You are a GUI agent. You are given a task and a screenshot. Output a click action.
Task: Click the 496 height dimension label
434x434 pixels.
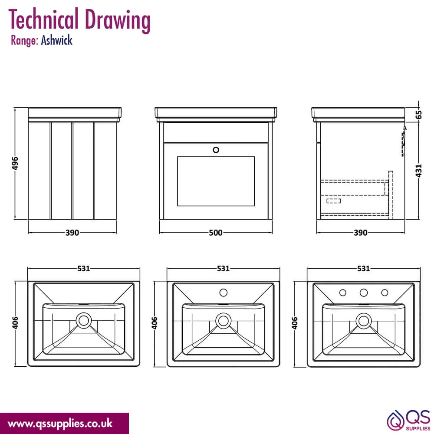tap(15, 163)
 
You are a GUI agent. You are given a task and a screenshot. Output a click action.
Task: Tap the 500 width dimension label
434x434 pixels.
tap(216, 233)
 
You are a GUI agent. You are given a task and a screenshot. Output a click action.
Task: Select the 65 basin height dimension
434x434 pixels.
tap(419, 115)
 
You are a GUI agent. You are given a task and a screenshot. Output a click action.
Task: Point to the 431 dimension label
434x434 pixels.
tap(419, 171)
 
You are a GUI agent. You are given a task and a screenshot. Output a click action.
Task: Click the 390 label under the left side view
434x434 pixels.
tap(72, 233)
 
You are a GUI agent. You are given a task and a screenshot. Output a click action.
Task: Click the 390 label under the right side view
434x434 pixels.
tap(360, 233)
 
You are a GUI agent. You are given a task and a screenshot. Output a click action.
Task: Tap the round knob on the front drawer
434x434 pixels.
tap(216, 150)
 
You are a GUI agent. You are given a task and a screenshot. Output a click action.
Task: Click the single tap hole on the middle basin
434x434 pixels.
tap(224, 293)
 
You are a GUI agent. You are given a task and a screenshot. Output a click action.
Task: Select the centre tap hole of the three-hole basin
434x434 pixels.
tap(363, 293)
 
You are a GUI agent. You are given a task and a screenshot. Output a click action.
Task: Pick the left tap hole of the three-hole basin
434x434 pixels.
tap(343, 293)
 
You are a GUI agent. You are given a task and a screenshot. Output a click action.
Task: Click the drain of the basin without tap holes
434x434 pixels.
tap(84, 321)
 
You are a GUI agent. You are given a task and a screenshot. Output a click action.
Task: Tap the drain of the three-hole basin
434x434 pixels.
tap(364, 321)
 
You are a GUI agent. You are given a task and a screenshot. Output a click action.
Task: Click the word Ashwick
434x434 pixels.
tap(57, 40)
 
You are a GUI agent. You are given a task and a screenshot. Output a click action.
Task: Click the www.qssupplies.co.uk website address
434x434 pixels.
tap(60, 424)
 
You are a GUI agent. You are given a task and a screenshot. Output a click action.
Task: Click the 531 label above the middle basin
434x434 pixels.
tap(223, 269)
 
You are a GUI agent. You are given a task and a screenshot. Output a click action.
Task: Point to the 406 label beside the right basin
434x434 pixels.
tap(295, 323)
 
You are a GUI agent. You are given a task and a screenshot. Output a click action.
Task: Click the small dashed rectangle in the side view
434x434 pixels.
tap(333, 201)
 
